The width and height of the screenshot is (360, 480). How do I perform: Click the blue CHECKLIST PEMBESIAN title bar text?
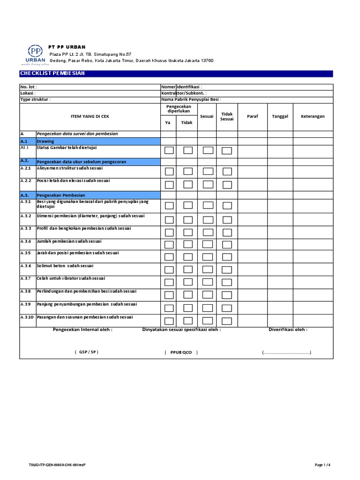52,74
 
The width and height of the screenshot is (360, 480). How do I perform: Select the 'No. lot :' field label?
28,87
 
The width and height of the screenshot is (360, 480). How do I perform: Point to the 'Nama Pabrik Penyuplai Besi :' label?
191,99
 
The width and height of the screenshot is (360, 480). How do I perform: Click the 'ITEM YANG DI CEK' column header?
90,116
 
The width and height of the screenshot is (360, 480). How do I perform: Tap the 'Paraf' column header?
252,116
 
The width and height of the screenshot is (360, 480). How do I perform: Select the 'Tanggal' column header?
280,116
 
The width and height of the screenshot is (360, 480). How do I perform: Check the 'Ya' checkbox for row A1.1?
169,150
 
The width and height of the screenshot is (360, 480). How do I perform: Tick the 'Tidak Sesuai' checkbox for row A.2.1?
227,171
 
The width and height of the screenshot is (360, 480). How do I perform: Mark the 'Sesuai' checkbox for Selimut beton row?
208,270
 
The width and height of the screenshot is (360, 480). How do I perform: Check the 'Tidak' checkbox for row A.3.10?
188,321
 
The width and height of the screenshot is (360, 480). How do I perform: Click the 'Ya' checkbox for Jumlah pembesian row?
169,244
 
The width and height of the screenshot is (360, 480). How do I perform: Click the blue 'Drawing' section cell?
98,141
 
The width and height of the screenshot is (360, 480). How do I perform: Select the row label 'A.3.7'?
26,278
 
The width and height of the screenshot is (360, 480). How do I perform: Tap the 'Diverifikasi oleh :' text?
287,330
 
